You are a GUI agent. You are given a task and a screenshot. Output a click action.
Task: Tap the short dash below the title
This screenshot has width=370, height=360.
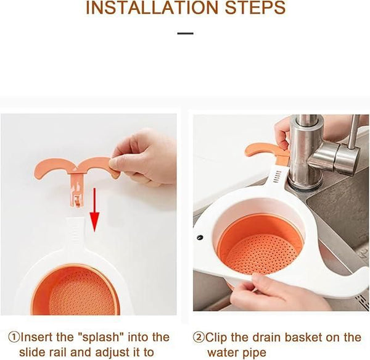[x=185, y=33]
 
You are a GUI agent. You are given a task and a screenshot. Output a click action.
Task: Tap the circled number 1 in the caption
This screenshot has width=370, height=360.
[x=13, y=337]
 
